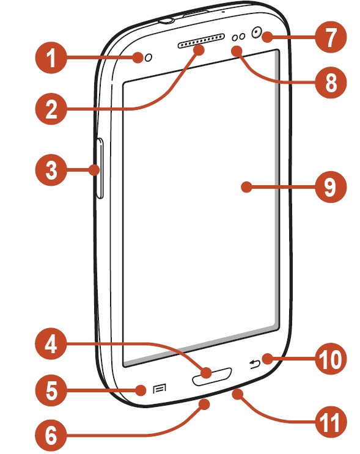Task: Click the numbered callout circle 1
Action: coord(51,57)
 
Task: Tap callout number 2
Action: coord(51,109)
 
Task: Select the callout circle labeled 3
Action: coord(51,170)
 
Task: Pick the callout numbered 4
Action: coord(51,343)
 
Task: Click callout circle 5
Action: coord(51,390)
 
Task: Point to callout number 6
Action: coord(51,435)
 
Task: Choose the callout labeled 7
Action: coord(331,37)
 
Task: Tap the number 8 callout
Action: coord(331,82)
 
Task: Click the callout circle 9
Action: coord(331,187)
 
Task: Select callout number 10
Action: coord(331,359)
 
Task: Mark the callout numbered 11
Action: coord(331,422)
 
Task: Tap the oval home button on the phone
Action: coord(212,377)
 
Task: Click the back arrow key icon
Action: coord(255,364)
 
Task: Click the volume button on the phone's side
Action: coord(100,169)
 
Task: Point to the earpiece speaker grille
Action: coord(201,41)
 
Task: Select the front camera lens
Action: coord(256,32)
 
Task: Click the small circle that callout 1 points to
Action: coord(149,57)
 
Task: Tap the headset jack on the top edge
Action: coord(166,20)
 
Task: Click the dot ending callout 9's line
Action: coord(246,187)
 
